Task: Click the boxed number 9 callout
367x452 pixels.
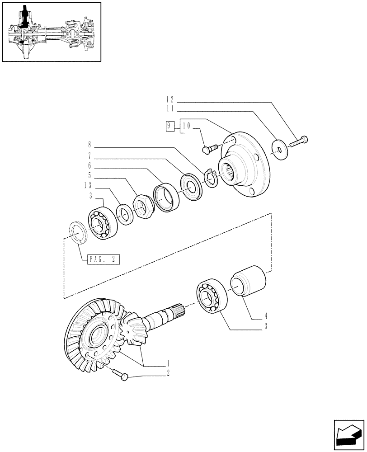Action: pos(169,126)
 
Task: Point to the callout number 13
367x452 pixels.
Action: pos(88,185)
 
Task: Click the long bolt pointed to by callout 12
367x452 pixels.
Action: pos(298,141)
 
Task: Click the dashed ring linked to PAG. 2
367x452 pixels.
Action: pos(77,234)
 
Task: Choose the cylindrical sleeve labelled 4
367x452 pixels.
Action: pos(248,280)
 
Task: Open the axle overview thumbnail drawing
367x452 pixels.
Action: pos(51,32)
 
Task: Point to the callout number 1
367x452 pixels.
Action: pos(168,363)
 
